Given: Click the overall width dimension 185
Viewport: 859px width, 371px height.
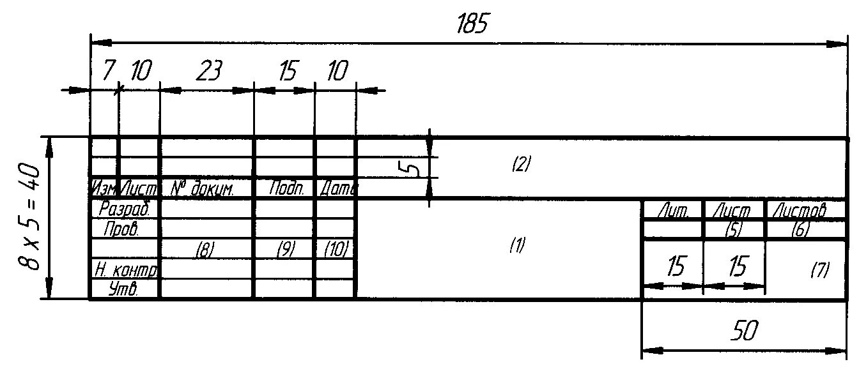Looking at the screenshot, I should pyautogui.click(x=472, y=24).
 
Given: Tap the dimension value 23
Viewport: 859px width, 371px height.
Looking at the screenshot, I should pyautogui.click(x=208, y=72).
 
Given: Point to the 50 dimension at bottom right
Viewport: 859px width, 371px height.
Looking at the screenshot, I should pyautogui.click(x=745, y=331).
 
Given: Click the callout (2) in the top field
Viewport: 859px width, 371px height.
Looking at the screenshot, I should pyautogui.click(x=522, y=165).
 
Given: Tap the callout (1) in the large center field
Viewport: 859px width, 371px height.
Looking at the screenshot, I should pyautogui.click(x=517, y=245).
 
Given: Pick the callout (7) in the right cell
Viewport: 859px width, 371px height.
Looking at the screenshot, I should pyautogui.click(x=819, y=270).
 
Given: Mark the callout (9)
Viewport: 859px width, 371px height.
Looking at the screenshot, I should pyautogui.click(x=285, y=252).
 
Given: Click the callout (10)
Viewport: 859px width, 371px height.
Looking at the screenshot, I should pyautogui.click(x=336, y=252).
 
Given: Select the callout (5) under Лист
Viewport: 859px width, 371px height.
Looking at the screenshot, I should pyautogui.click(x=734, y=231).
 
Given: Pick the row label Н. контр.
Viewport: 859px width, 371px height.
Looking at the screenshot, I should pyautogui.click(x=126, y=270).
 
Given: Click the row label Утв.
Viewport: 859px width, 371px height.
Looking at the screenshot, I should pyautogui.click(x=125, y=289).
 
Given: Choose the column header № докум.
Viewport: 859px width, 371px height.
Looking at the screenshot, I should pyautogui.click(x=203, y=189).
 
